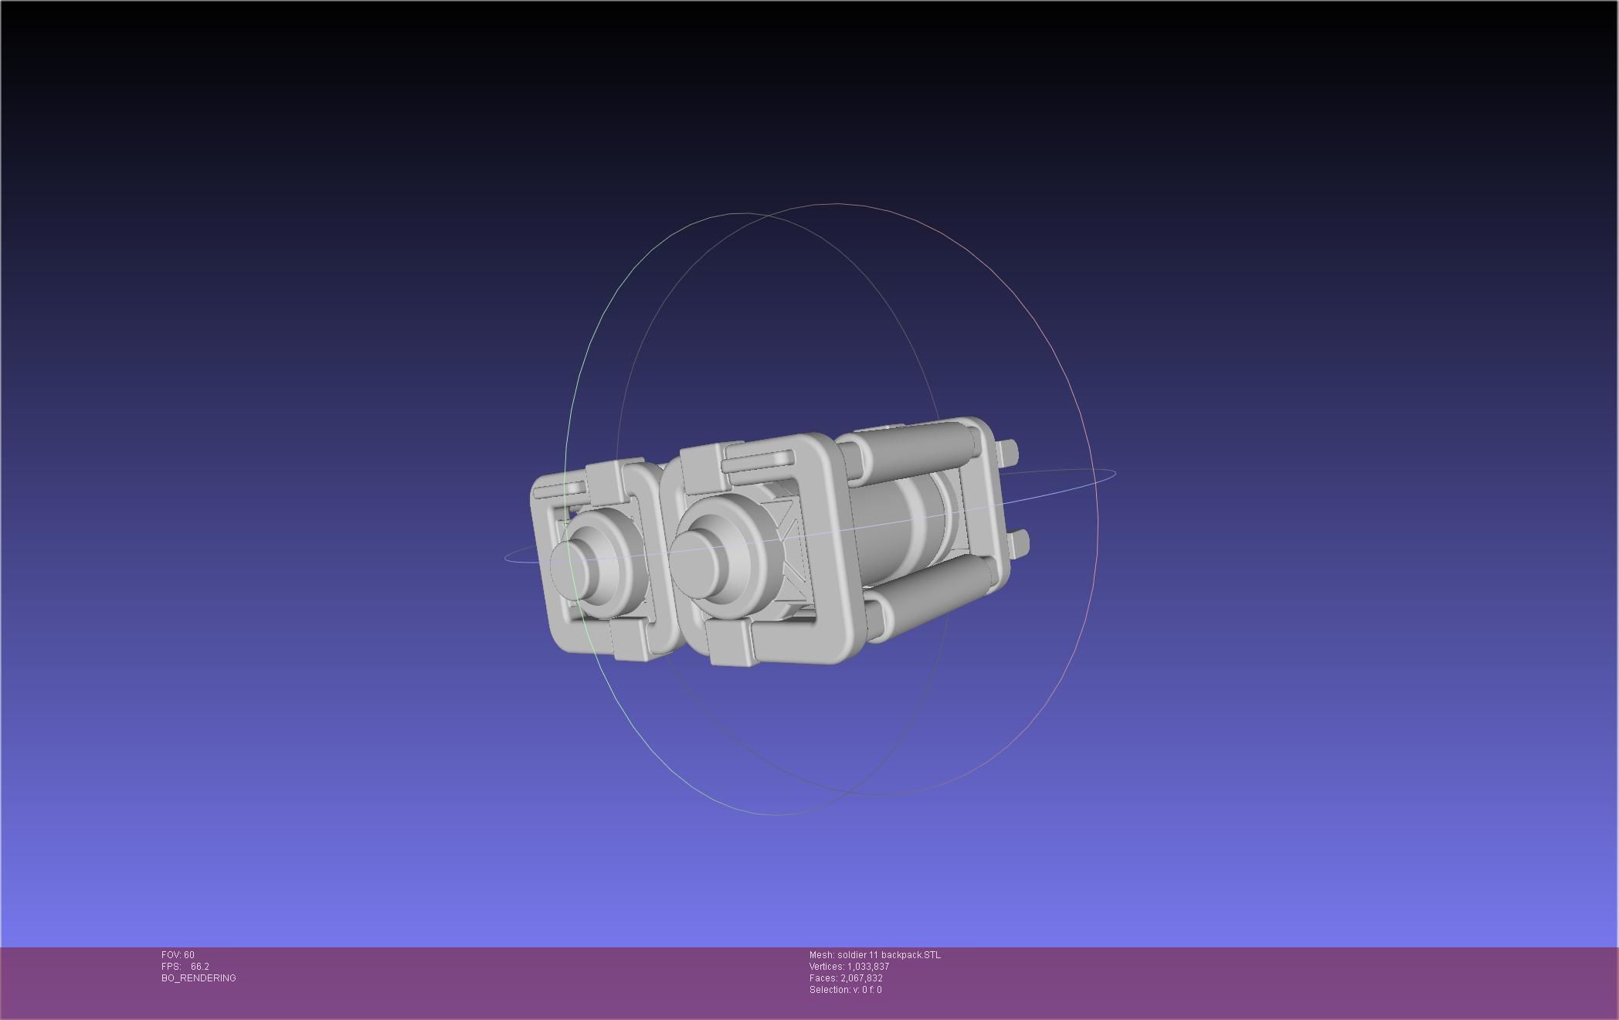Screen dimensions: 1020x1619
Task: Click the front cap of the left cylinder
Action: pos(569,565)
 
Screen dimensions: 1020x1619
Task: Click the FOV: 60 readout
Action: pos(178,955)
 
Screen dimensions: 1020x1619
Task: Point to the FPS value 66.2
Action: pos(199,967)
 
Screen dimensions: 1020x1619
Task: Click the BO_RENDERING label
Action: pos(199,978)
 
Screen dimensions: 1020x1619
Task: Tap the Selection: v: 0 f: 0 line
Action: pos(845,990)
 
